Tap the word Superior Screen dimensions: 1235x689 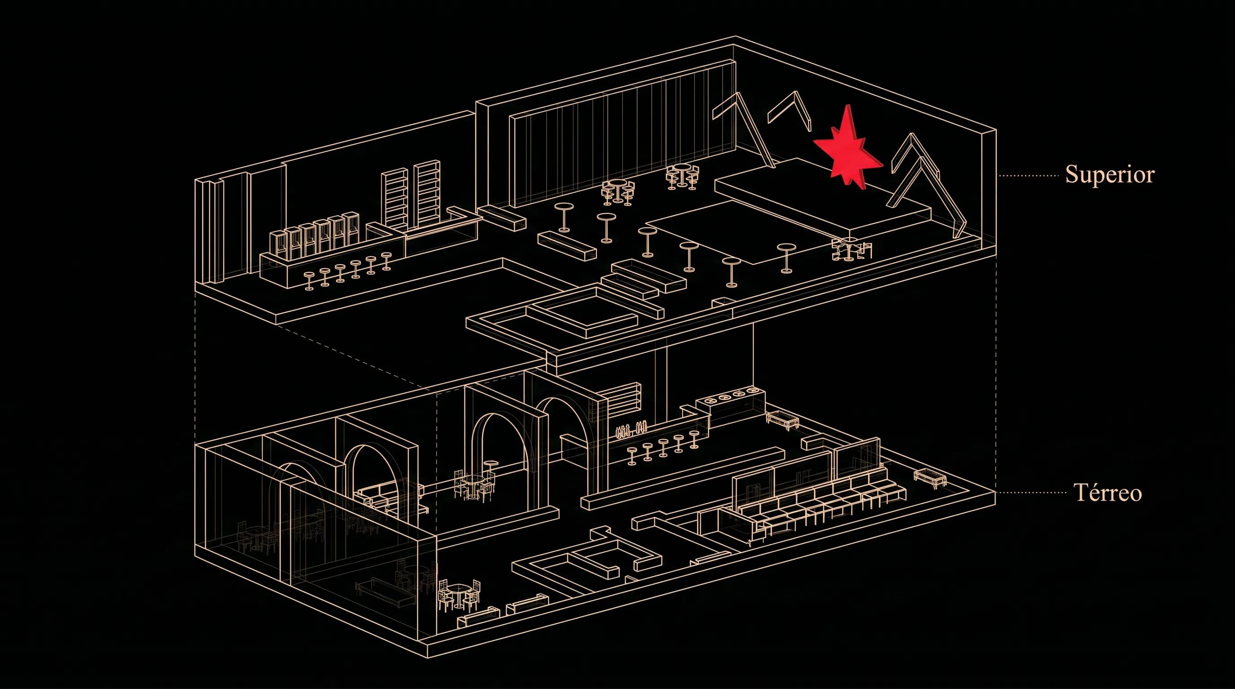tap(1109, 174)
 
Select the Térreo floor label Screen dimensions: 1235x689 tap(1108, 492)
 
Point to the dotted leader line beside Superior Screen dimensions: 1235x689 tap(1029, 176)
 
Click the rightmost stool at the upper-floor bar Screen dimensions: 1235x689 tap(386, 261)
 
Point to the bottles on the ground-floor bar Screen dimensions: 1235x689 tap(631, 431)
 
